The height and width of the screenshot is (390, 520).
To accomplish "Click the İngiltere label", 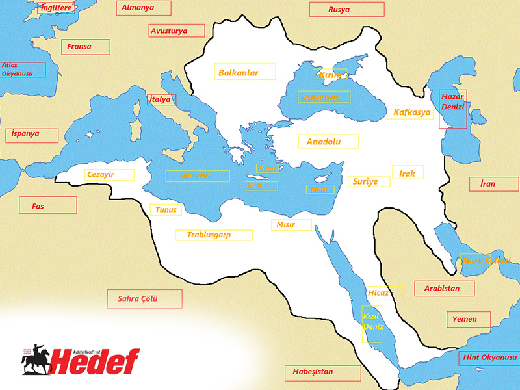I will [x=56, y=8].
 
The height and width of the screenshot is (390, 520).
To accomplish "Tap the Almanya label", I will [x=144, y=8].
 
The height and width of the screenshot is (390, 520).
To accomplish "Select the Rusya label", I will [x=338, y=10].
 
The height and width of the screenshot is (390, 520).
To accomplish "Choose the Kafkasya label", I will [x=413, y=112].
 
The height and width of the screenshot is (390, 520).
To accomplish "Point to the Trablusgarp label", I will [x=214, y=235].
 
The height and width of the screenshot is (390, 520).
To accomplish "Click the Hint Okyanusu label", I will [x=489, y=358].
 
